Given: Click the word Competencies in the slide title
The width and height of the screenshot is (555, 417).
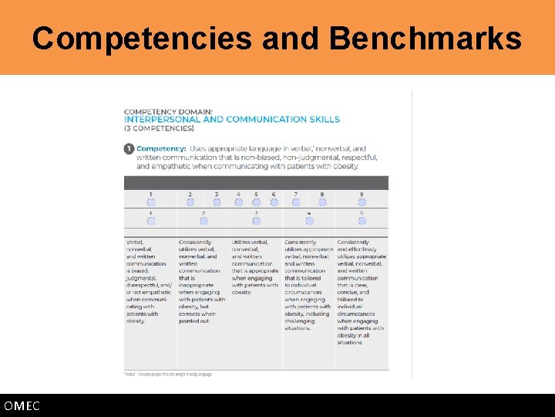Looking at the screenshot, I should tap(142, 38).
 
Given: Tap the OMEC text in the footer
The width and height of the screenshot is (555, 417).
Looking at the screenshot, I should tap(22, 406).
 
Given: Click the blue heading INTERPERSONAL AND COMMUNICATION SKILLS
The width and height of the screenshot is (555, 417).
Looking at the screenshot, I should tap(232, 120).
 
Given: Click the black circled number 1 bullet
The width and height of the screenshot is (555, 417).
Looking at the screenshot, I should tap(129, 148).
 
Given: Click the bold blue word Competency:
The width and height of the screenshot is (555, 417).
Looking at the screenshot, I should tap(162, 148).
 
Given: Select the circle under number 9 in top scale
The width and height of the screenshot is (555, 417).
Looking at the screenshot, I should tap(362, 202).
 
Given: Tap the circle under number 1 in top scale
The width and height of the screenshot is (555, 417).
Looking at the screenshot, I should tap(151, 202).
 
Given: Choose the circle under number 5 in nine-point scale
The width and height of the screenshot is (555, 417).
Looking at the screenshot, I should tap(256, 202).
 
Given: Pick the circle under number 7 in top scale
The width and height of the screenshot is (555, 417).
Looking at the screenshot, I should tap(296, 202).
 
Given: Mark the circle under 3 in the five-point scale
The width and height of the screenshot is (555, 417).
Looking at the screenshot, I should tap(256, 221).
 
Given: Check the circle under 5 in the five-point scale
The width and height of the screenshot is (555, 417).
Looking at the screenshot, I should tap(362, 221).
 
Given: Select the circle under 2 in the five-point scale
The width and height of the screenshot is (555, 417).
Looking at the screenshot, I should tap(203, 221).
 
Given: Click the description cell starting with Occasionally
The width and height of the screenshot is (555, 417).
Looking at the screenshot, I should tap(203, 281).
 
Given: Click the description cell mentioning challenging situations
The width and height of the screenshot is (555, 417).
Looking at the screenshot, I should tap(308, 285).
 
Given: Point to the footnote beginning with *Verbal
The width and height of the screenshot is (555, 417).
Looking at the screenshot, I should tap(168, 374).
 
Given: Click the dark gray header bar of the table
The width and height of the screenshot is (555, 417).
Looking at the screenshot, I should tap(256, 182).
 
